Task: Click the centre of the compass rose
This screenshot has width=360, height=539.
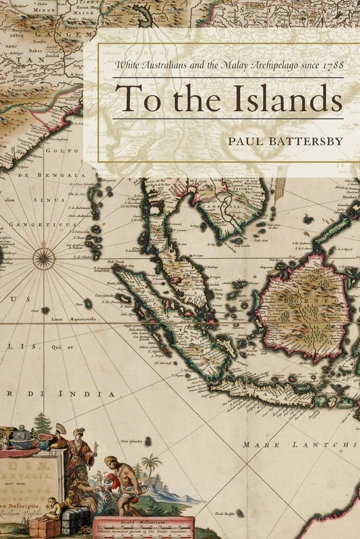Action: coord(44,257)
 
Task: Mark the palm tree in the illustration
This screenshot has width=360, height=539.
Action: coord(151,466)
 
